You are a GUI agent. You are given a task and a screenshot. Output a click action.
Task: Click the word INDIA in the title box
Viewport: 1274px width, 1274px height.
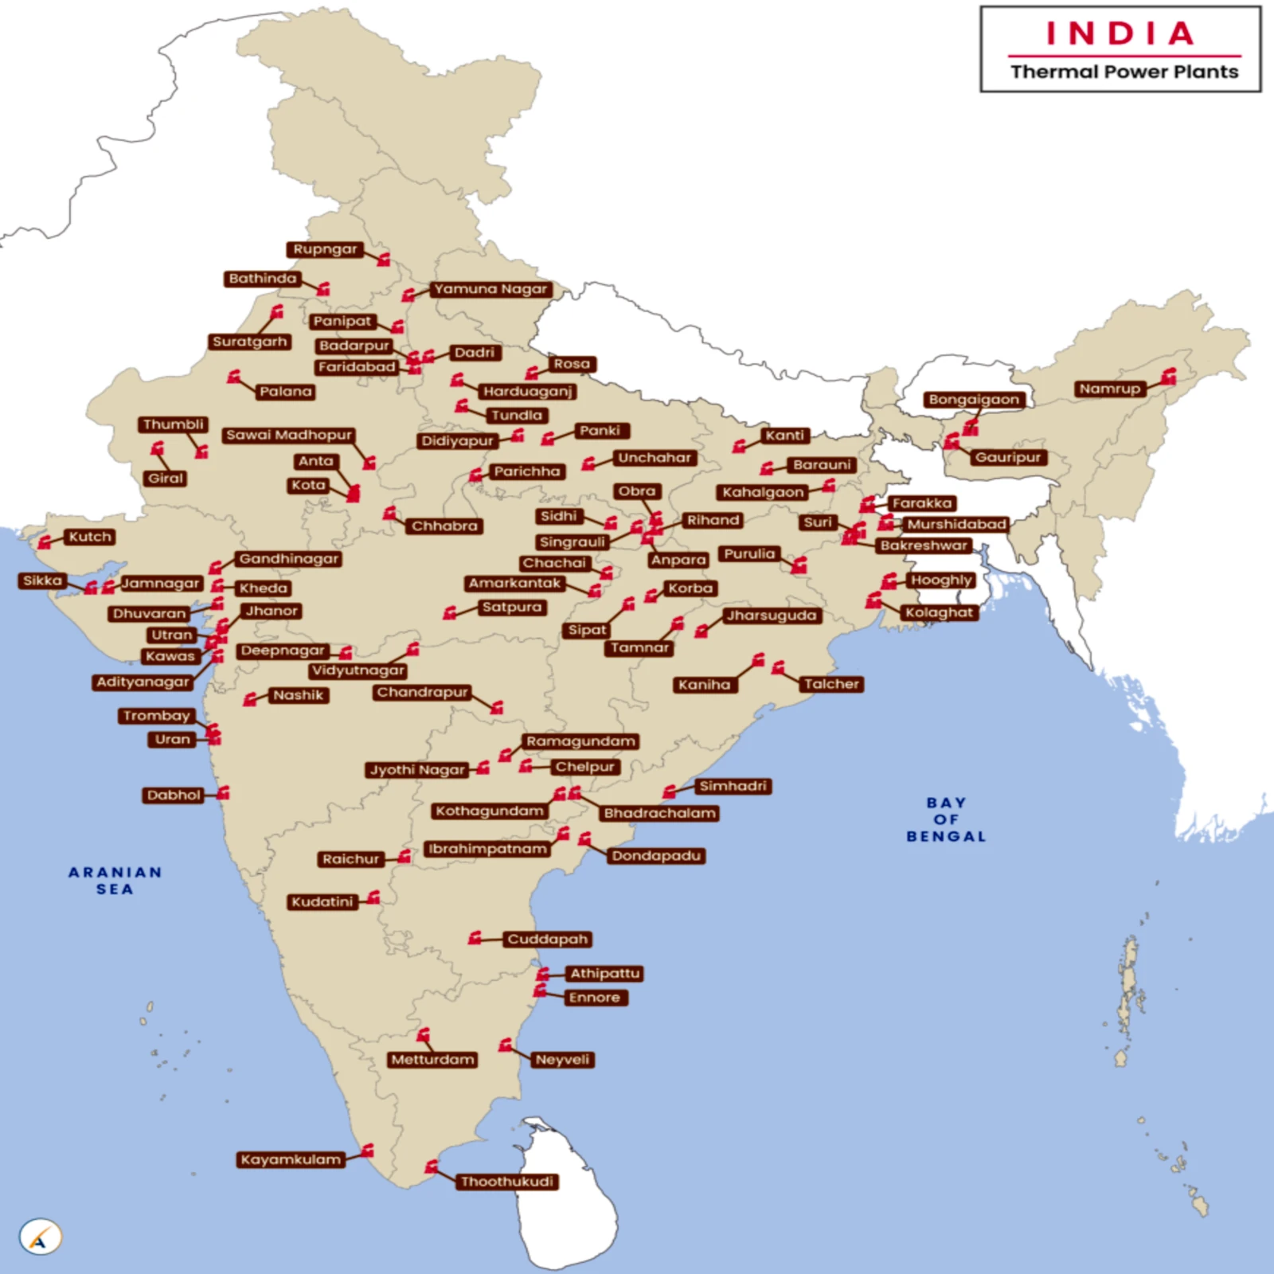[1120, 33]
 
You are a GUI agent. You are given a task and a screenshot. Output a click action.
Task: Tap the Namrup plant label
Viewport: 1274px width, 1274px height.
[1110, 389]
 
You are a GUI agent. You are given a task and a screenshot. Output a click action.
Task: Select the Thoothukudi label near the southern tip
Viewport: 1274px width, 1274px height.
[507, 1182]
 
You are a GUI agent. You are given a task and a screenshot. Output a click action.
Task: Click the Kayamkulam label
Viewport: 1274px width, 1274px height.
[291, 1159]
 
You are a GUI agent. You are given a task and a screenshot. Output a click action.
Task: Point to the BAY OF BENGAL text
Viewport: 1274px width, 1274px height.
[946, 819]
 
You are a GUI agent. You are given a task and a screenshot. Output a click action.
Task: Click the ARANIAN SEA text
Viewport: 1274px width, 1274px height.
[115, 881]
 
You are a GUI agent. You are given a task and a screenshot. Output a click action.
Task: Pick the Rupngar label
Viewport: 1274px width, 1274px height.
[325, 249]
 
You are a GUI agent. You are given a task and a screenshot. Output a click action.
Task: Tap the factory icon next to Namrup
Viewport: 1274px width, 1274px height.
[1168, 377]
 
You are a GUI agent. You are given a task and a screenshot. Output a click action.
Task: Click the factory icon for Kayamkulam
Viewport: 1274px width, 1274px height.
[367, 1151]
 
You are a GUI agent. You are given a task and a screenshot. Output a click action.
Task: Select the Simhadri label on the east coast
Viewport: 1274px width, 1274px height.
[733, 786]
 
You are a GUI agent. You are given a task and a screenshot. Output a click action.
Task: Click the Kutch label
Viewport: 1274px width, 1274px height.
[89, 537]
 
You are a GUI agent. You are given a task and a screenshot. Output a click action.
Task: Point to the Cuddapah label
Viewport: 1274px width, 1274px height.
[548, 940]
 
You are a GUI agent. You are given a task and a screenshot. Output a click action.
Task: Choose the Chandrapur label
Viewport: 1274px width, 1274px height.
[422, 692]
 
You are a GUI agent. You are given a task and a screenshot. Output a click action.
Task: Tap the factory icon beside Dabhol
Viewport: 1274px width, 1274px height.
[224, 793]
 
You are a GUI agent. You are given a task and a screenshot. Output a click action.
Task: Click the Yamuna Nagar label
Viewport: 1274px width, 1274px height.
[490, 289]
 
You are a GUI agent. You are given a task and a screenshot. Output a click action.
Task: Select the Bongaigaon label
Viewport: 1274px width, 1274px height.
[974, 400]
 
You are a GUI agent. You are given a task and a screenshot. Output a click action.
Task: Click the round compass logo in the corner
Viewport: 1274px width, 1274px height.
[40, 1237]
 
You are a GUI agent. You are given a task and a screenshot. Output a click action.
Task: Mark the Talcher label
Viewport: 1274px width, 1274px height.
[831, 684]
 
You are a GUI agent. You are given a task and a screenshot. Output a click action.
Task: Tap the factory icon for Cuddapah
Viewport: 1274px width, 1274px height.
[475, 937]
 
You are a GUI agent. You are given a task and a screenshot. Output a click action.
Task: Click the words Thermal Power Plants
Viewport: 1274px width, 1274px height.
[1124, 72]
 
